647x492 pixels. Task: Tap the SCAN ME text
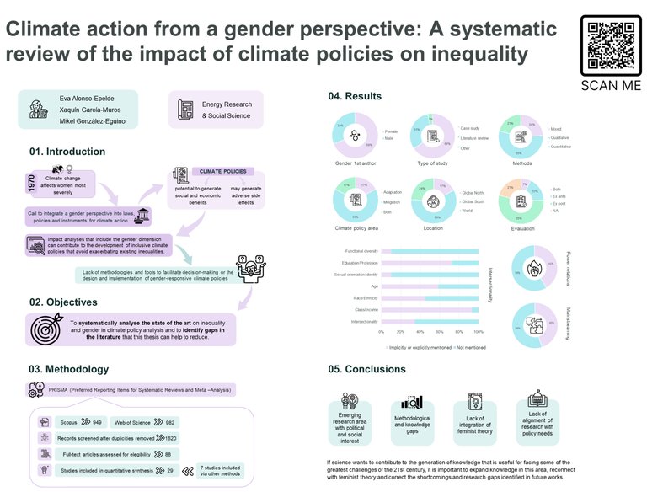(x=611, y=85)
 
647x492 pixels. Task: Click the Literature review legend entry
(x=479, y=137)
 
